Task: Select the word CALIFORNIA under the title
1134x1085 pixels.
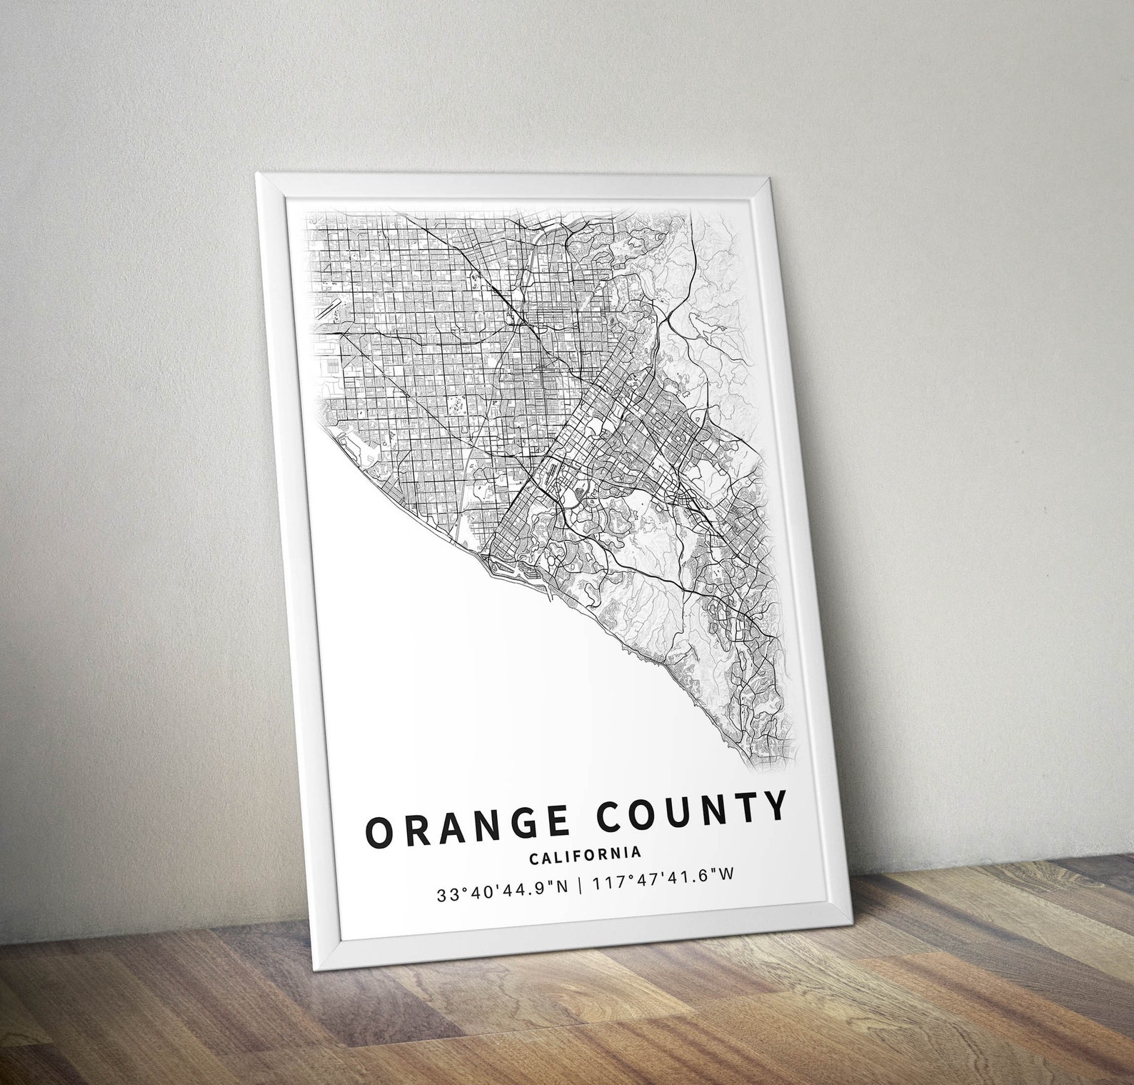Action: [x=585, y=854]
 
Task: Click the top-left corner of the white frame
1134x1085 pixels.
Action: [x=258, y=174]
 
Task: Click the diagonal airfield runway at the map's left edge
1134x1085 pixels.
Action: [x=331, y=309]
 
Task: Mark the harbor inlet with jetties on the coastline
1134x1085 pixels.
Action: [x=500, y=567]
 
